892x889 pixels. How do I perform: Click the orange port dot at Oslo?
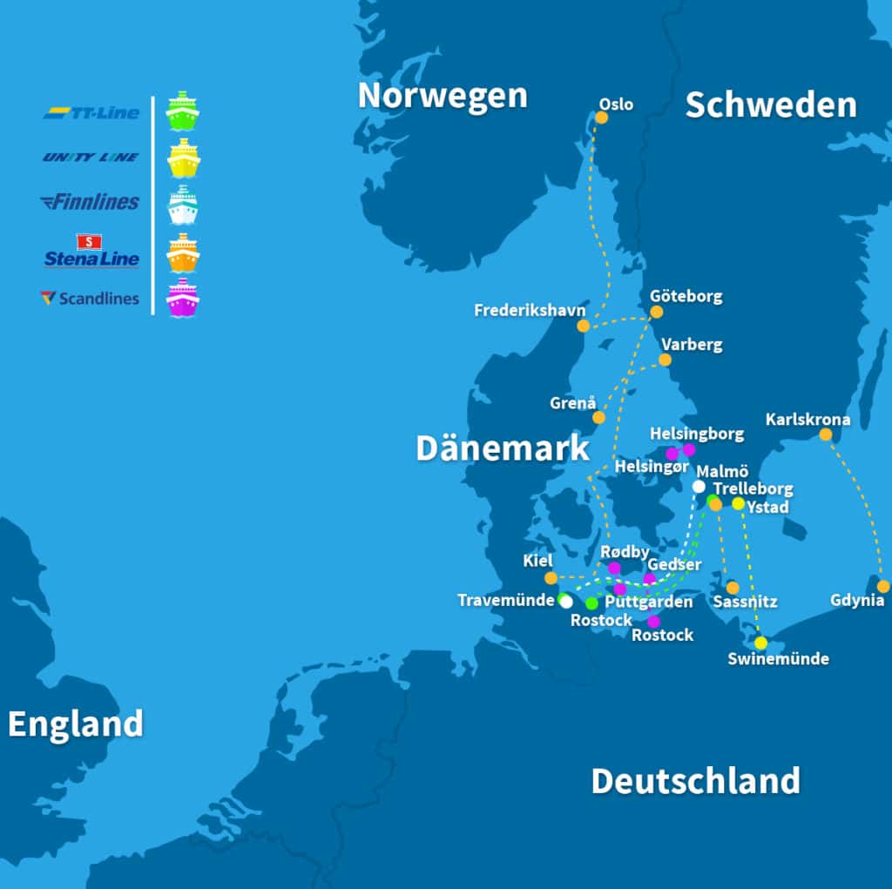click(601, 117)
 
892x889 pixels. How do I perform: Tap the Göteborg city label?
click(686, 296)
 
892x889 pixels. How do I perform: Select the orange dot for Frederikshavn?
click(584, 326)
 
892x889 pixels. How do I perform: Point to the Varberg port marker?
click(666, 360)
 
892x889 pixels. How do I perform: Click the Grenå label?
click(573, 403)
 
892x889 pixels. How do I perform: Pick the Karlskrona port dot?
click(826, 434)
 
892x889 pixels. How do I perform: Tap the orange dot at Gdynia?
click(883, 586)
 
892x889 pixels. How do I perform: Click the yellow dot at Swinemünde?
click(760, 643)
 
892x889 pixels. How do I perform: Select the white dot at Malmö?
click(699, 486)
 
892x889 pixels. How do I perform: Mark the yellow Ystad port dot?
click(738, 503)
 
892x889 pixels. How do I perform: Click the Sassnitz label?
click(745, 602)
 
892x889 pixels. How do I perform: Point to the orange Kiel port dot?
click(551, 578)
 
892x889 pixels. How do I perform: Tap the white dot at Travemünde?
click(566, 601)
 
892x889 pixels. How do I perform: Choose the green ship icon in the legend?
click(183, 111)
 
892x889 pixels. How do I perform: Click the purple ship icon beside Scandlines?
click(183, 298)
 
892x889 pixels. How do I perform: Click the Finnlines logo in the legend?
click(91, 202)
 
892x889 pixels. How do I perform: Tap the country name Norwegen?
click(443, 96)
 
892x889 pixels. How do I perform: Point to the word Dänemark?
click(503, 448)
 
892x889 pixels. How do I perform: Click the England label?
click(76, 724)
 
